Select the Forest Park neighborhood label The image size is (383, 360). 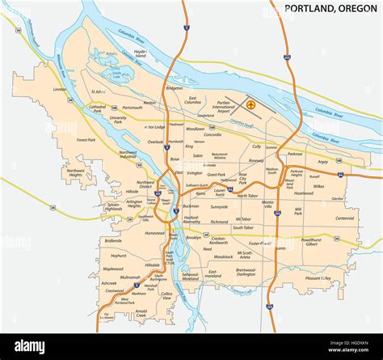coord(86,140)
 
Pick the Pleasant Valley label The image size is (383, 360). coord(318,277)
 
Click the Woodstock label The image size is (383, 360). coord(223,256)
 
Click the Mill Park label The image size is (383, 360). coord(298,212)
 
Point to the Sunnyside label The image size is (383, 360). coord(219,206)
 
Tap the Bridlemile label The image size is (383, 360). coord(113,240)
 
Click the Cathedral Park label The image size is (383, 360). coord(97,108)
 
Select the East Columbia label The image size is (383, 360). coord(192,101)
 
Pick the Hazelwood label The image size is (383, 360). coord(304,193)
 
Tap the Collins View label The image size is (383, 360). coord(167,296)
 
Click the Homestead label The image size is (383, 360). coord(155,233)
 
